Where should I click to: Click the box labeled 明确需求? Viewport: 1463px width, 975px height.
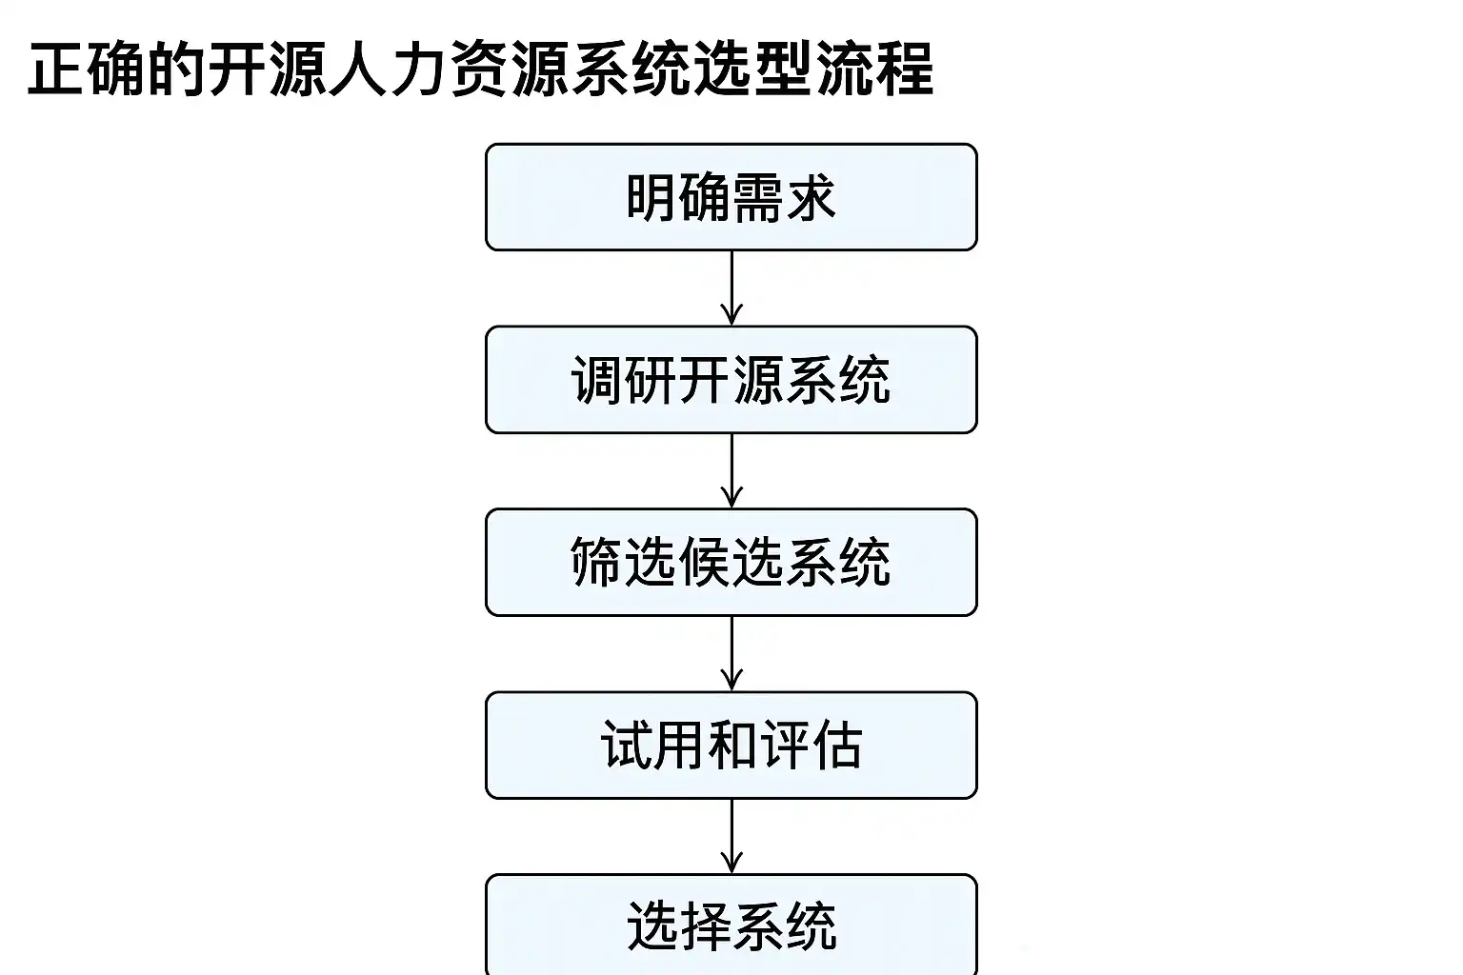731,197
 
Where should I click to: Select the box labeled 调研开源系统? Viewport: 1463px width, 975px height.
731,380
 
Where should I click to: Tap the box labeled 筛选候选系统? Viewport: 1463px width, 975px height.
731,563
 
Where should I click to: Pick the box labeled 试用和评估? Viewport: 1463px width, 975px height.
731,746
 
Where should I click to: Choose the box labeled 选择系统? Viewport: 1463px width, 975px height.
731,925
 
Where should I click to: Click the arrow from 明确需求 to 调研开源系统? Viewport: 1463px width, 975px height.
731,288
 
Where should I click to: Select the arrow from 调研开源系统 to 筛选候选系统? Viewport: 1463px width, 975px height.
731,471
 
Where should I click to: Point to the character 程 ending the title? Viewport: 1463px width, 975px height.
906,69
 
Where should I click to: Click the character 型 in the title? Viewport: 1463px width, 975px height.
785,69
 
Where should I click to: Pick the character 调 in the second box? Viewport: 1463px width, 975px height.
596,380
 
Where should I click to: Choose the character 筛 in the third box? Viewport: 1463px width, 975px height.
596,563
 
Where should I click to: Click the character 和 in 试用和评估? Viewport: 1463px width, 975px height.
731,746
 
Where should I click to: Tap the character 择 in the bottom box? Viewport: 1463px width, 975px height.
705,926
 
